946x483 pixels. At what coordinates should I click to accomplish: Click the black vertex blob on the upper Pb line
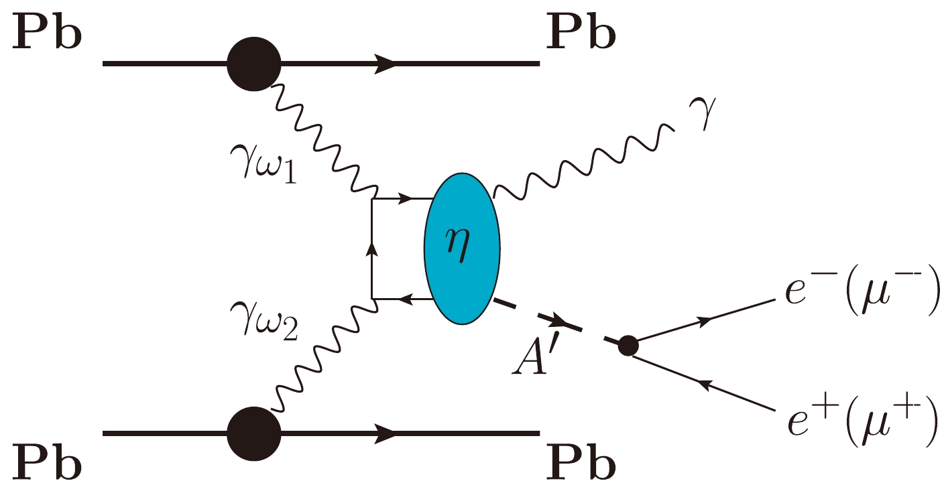pos(253,64)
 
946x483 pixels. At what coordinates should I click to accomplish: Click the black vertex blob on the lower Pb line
pos(253,434)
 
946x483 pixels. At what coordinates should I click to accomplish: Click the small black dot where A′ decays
pos(628,346)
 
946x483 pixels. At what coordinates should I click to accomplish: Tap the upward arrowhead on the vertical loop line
pos(372,249)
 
